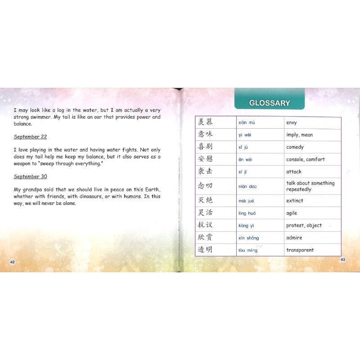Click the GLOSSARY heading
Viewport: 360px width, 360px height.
[270, 103]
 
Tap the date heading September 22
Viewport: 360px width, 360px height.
[30, 137]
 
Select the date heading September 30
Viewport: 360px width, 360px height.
[30, 176]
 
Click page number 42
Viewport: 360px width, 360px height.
[13, 262]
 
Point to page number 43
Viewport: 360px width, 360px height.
[342, 260]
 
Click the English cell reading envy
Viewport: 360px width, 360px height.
[292, 123]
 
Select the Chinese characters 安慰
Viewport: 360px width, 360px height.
[205, 159]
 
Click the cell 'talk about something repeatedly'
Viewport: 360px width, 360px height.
[310, 186]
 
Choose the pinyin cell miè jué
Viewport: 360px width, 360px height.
[246, 201]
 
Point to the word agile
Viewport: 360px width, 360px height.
[292, 213]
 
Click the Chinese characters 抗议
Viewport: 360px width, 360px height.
[205, 225]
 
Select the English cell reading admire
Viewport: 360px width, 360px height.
[294, 238]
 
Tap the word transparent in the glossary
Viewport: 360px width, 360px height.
[300, 250]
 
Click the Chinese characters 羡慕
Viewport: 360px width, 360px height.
[205, 122]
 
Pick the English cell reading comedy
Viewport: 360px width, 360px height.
[295, 147]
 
